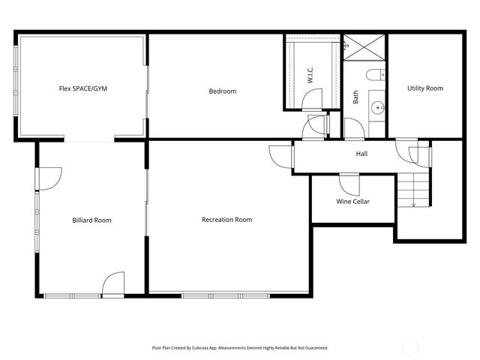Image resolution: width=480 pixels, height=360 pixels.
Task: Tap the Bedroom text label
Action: tap(222, 91)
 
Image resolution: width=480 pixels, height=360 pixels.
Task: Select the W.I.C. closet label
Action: tap(310, 75)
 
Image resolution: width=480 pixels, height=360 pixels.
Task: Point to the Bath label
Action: tap(355, 97)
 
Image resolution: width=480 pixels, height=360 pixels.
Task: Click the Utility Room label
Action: tap(425, 88)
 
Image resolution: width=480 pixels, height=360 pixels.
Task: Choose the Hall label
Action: tap(361, 154)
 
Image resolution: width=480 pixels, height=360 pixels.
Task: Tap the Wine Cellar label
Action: tap(352, 201)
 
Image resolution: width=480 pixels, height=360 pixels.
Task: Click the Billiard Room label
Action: tap(91, 220)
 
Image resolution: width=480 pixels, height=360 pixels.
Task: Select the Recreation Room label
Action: tap(226, 220)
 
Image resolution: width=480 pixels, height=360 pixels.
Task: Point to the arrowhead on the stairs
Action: tap(413, 204)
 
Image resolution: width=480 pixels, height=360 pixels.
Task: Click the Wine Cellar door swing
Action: tap(349, 183)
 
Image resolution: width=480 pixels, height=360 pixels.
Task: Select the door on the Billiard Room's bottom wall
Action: tap(113, 284)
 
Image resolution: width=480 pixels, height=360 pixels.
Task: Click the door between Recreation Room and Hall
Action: tap(280, 156)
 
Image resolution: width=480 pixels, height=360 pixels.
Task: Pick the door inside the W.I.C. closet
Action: tap(310, 99)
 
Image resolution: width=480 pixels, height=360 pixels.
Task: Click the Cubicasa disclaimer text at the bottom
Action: tap(240, 348)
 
